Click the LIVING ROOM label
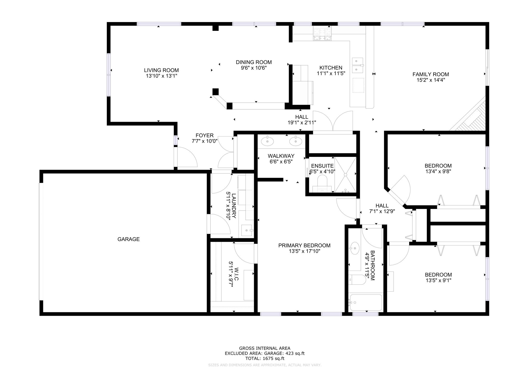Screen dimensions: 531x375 tap(161, 70)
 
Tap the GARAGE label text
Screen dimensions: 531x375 tap(129, 239)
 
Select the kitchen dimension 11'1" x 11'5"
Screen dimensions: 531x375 tap(331, 73)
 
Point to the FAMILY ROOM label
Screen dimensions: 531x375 tap(431, 74)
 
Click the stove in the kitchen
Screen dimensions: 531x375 tap(323, 34)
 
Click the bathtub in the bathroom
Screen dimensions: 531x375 tap(366, 302)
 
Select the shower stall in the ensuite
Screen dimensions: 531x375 tap(345, 175)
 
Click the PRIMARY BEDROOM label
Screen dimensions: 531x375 tap(304, 246)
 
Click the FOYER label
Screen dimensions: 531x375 tap(205, 135)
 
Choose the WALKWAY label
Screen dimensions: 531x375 tap(281, 156)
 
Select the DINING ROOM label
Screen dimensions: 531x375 tap(254, 62)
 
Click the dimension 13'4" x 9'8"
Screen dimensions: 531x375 tap(438, 171)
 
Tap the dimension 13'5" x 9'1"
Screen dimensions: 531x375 tap(438, 280)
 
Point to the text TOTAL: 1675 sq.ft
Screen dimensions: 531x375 tap(265, 359)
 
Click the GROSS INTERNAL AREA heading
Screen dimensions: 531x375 tap(265, 348)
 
